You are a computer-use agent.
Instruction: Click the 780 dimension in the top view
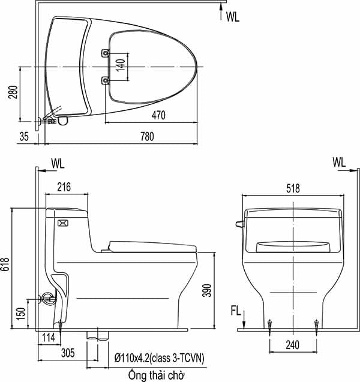pos(147,137)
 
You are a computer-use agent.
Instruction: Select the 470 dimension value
pos(159,115)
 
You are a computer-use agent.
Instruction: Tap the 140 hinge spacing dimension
pos(121,66)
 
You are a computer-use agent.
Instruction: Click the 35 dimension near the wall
pos(23,137)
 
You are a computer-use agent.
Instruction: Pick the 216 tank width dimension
pos(64,187)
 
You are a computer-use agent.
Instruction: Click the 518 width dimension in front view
pos(293,188)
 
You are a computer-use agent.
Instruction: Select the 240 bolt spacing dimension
pos(293,347)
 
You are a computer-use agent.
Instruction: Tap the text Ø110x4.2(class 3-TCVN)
pos(159,358)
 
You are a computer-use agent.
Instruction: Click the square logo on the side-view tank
pos(62,223)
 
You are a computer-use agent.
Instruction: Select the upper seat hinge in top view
pos(106,53)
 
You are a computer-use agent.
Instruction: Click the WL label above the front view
pos(339,162)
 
